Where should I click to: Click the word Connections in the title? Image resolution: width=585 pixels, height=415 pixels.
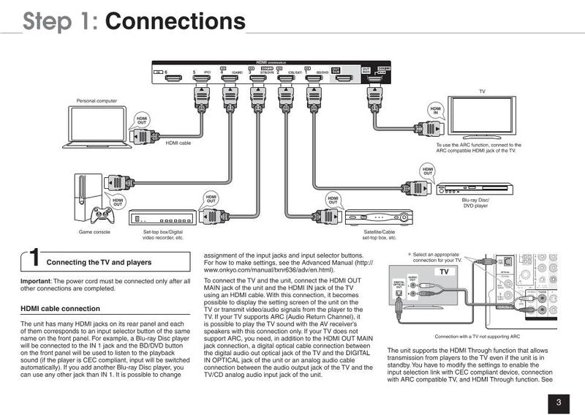click(175, 20)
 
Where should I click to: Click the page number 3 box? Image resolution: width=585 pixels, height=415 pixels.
click(558, 401)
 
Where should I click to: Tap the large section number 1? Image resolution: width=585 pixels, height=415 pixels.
click(33, 259)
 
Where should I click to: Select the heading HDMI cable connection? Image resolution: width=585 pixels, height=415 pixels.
click(60, 308)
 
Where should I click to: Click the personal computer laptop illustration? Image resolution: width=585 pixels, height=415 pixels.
click(98, 124)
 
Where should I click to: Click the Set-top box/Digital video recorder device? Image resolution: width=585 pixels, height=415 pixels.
click(162, 217)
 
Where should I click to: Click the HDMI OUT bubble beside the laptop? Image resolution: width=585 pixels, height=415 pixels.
click(141, 121)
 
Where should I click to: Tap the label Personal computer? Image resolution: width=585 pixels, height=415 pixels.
click(97, 100)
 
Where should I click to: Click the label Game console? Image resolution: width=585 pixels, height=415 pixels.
click(94, 233)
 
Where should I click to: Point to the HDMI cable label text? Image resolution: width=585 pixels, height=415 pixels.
click(178, 143)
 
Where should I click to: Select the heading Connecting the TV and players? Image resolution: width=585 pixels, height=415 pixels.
click(99, 262)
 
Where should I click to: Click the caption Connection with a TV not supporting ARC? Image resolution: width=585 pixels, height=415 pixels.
click(477, 337)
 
